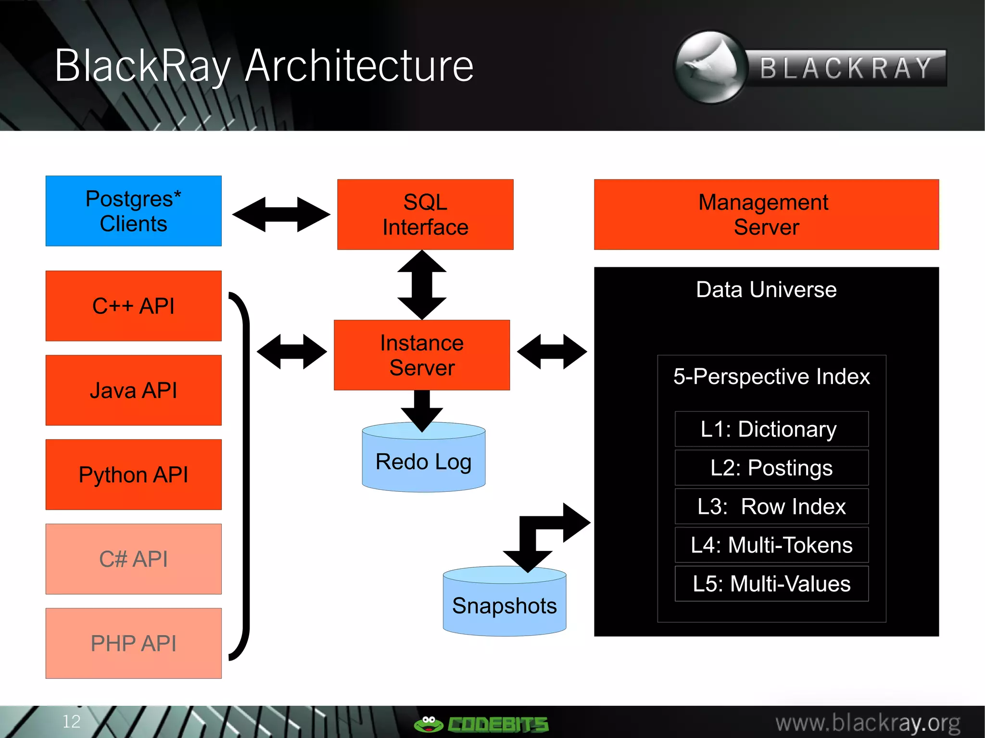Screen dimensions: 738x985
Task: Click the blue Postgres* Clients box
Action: tap(133, 211)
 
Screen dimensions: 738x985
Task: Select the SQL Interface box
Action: tap(425, 214)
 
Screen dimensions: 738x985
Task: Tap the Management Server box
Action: tap(766, 214)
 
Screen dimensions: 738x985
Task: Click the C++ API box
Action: tap(133, 306)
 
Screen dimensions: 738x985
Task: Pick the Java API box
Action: tap(133, 390)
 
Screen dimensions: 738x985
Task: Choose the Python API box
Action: tap(133, 475)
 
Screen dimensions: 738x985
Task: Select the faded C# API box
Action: tap(133, 559)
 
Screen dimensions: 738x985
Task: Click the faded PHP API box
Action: tap(133, 643)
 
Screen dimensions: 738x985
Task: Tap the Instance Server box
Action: tap(422, 355)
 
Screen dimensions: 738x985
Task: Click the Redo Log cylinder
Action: tap(423, 462)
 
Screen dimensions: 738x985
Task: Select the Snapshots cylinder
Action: tap(504, 605)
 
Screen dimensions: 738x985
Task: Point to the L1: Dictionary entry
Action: tap(771, 429)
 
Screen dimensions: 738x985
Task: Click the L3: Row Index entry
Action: tap(771, 506)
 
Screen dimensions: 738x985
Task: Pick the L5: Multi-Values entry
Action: tap(771, 584)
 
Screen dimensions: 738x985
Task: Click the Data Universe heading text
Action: tap(766, 289)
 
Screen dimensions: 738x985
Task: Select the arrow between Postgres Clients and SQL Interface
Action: tap(281, 214)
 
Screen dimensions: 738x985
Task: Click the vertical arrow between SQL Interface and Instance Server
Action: tap(422, 285)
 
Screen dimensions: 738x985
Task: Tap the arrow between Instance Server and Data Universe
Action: tap(552, 352)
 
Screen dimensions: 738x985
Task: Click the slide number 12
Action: tap(71, 721)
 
